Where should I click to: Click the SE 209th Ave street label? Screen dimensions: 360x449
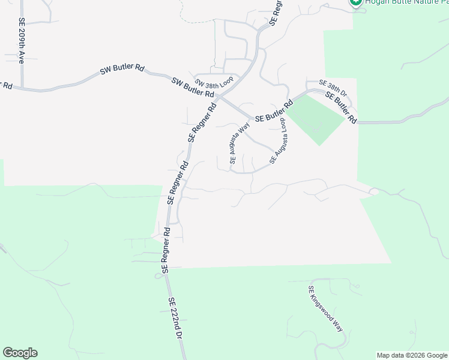pos(21,41)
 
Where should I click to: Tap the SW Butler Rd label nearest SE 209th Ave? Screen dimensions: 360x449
pos(122,70)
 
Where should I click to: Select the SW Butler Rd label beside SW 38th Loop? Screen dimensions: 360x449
pos(193,88)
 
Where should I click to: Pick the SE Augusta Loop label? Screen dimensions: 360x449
pos(279,142)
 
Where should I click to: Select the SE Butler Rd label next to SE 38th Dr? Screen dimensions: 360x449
pos(341,107)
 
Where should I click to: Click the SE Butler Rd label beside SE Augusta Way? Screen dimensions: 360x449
pos(273,112)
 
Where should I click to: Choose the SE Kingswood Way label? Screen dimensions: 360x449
pos(325,309)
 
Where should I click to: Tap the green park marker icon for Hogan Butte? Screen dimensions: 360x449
pos(355,2)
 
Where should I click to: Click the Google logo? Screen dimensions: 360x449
pos(20,353)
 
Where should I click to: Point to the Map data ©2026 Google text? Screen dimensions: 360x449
pos(412,355)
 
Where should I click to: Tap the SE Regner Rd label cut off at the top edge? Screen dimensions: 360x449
pos(276,12)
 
